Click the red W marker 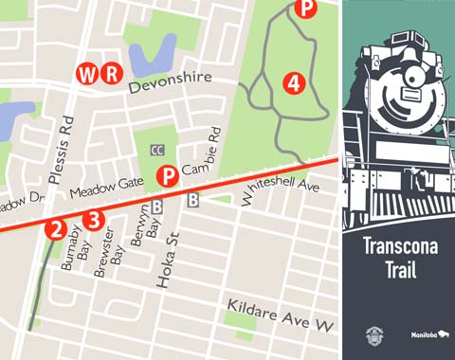88,73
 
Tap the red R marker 112,73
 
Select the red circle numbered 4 294,83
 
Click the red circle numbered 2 58,228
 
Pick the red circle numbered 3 92,221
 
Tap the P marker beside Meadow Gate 168,175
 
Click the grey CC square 157,150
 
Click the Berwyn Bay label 145,226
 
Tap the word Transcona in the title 398,247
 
